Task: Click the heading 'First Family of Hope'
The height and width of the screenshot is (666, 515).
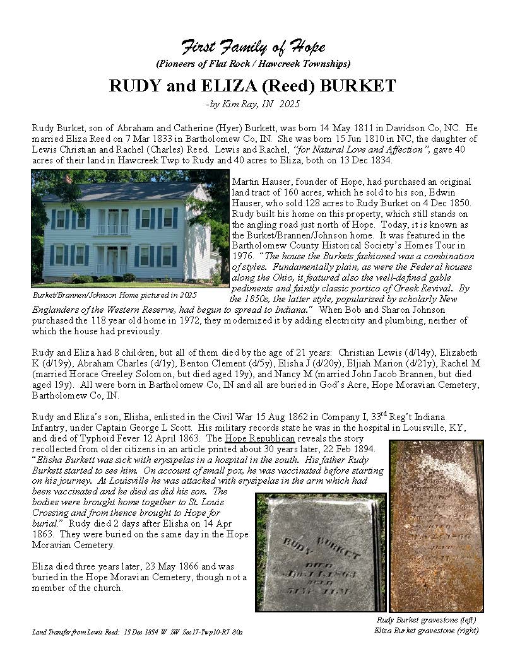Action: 254,47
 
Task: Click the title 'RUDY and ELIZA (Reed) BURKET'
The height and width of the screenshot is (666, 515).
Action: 252,86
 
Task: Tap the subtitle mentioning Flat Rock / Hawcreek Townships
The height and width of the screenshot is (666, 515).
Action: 253,64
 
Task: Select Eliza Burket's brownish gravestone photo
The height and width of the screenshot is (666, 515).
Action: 437,525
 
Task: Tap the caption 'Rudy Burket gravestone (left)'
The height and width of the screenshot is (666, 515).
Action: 427,619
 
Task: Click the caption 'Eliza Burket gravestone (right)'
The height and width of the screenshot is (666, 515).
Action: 427,630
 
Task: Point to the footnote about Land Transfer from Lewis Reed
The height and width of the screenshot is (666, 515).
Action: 138,631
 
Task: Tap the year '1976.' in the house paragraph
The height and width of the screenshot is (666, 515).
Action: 242,256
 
